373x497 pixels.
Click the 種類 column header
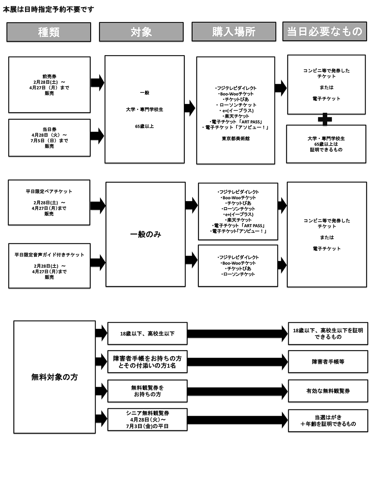[x=48, y=32]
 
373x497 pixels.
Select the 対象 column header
[x=141, y=32]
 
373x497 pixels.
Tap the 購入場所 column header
[x=234, y=32]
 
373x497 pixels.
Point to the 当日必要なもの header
[x=325, y=31]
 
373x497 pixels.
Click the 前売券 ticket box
[x=49, y=85]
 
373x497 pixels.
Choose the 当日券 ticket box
[x=49, y=137]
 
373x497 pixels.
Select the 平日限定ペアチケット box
[x=49, y=202]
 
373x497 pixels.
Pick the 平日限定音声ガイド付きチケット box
[x=49, y=266]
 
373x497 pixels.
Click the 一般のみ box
[x=145, y=234]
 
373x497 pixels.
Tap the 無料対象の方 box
[x=54, y=377]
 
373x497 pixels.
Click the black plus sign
[x=325, y=120]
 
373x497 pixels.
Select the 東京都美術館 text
[x=236, y=139]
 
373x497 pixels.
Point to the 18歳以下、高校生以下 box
[x=147, y=333]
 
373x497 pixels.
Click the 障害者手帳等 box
[x=328, y=361]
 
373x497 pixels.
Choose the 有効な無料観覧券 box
[x=328, y=391]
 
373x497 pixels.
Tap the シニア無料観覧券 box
[x=147, y=420]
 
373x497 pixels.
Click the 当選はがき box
[x=328, y=420]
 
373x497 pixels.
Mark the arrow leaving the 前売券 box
[x=97, y=82]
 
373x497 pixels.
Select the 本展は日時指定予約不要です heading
[x=48, y=9]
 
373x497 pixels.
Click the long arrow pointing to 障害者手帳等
[x=237, y=361]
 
